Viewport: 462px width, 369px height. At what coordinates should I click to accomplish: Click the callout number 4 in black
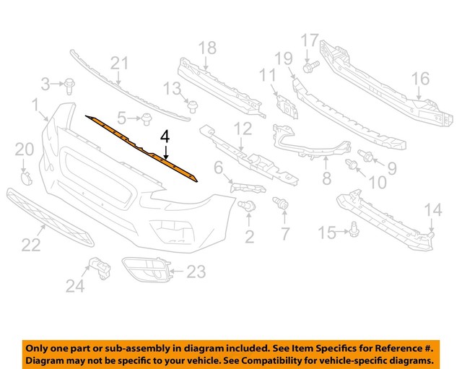pos(165,136)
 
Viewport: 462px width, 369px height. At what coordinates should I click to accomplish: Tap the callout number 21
pos(119,64)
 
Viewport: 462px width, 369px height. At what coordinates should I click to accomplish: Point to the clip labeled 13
pos(193,107)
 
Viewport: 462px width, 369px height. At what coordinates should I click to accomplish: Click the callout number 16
pos(420,78)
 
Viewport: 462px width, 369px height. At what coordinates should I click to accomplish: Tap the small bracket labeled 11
pos(287,104)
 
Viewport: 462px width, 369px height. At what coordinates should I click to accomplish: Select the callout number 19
pos(283,58)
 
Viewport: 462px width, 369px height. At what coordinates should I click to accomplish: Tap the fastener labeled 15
pos(354,230)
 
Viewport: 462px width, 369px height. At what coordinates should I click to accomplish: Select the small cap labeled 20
pos(25,178)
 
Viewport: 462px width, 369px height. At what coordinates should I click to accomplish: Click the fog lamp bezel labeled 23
pos(149,272)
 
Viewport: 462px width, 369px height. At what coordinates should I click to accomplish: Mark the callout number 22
pos(30,246)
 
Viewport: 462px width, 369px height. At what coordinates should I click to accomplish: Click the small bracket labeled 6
pos(235,188)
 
